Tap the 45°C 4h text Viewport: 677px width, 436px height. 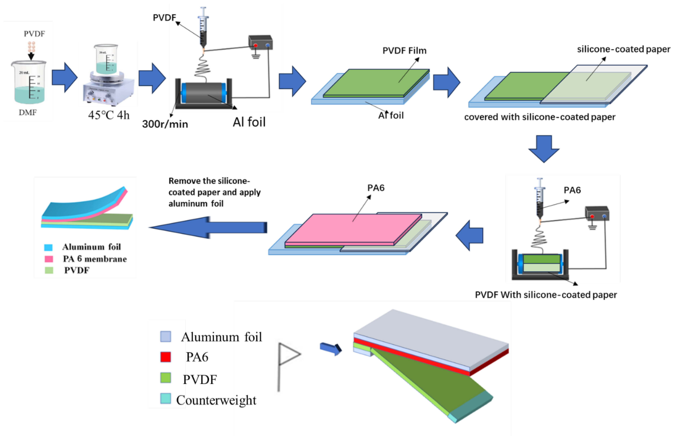[x=109, y=115]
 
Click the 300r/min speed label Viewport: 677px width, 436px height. [x=165, y=124]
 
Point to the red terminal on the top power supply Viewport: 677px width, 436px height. [x=256, y=45]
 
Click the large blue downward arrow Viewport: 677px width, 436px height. [x=544, y=149]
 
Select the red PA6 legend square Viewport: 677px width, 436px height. [x=166, y=357]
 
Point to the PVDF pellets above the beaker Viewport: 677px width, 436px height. [x=31, y=46]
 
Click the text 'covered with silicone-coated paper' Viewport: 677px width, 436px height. [x=540, y=117]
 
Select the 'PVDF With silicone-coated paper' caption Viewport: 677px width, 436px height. [x=546, y=295]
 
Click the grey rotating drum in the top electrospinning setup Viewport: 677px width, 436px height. [x=204, y=93]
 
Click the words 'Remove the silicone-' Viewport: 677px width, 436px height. [x=209, y=181]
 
